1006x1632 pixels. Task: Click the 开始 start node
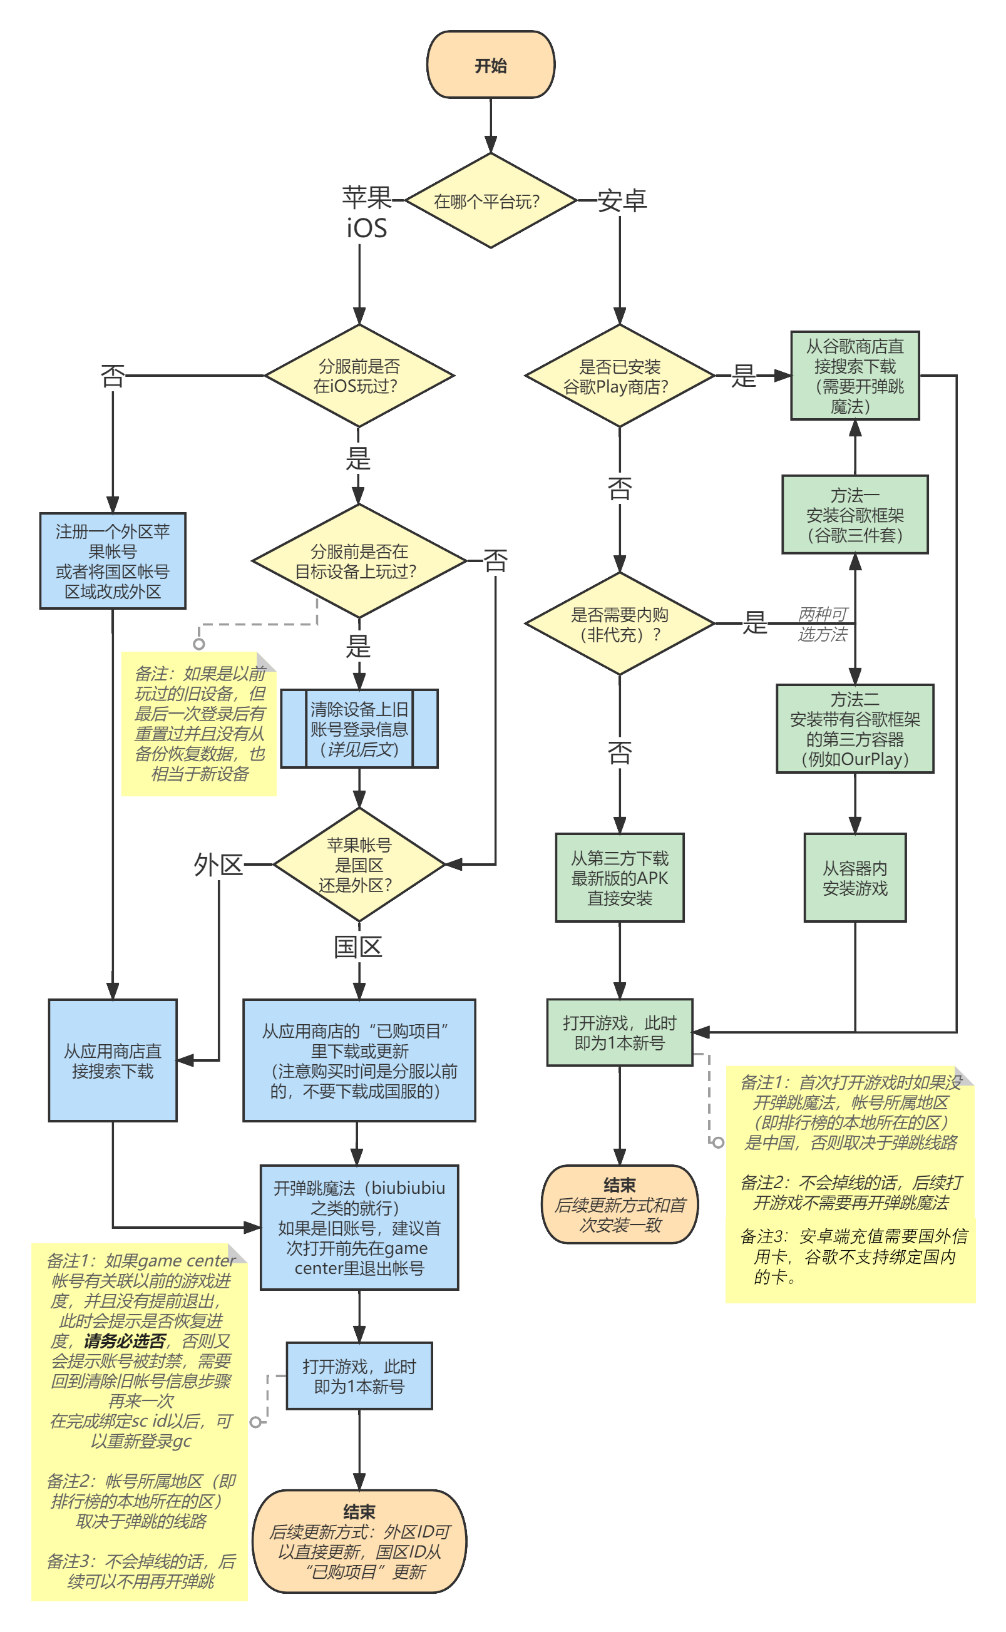(490, 65)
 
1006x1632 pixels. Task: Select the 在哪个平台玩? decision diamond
(490, 201)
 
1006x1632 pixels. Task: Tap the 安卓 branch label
(622, 200)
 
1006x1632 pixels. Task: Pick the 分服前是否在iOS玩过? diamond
(359, 376)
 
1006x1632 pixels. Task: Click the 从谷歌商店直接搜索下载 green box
(855, 376)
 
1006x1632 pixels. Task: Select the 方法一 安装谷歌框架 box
(855, 515)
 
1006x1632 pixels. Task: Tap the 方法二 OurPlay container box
(855, 729)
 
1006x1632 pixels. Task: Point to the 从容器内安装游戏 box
(855, 878)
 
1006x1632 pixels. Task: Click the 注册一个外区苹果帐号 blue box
(113, 561)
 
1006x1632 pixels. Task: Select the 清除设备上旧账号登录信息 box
(359, 729)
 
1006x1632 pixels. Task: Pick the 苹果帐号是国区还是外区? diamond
(359, 865)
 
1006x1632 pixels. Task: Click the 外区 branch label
(218, 865)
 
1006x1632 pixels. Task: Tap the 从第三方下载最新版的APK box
(618, 878)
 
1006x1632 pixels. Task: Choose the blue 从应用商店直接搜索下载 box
(113, 1060)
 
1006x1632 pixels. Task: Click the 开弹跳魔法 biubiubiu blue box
(359, 1228)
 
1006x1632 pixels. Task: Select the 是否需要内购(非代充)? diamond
(618, 624)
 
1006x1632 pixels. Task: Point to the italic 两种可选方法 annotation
(823, 624)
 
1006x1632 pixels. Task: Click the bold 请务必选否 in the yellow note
(125, 1342)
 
